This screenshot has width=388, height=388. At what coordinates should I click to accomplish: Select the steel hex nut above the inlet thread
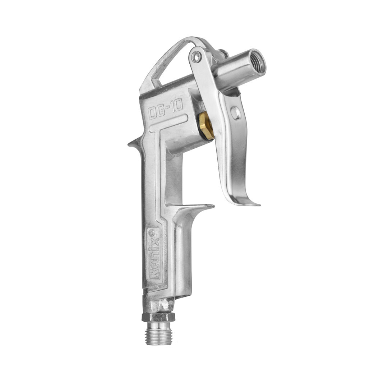pyautogui.click(x=158, y=317)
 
